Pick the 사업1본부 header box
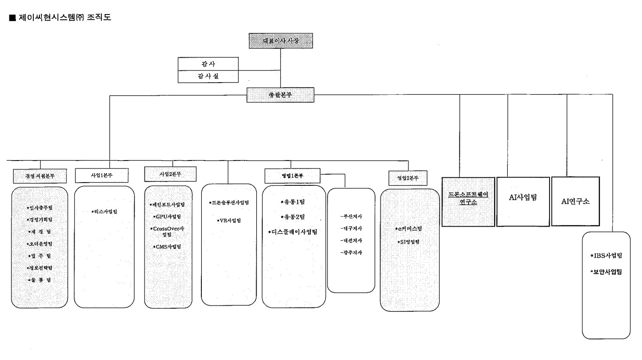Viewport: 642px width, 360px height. (x=101, y=175)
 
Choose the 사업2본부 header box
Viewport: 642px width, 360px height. (x=170, y=174)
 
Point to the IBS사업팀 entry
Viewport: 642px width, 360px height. (x=606, y=256)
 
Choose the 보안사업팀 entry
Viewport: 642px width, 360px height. (x=606, y=272)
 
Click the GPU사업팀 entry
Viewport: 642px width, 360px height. (x=167, y=217)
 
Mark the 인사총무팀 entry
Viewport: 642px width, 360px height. (x=40, y=207)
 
